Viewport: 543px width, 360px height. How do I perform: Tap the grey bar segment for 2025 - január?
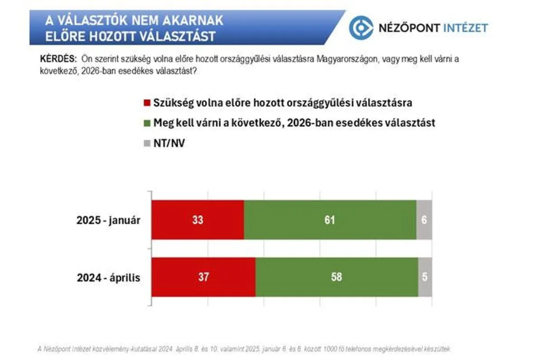424,220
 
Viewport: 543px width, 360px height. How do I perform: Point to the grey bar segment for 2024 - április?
425,277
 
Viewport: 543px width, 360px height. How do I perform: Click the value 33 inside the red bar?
198,220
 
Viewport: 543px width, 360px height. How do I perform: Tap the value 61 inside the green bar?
329,220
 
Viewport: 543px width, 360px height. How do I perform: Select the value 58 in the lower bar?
336,277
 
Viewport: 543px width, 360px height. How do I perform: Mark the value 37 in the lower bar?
203,277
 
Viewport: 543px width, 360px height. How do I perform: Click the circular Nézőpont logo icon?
361,28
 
